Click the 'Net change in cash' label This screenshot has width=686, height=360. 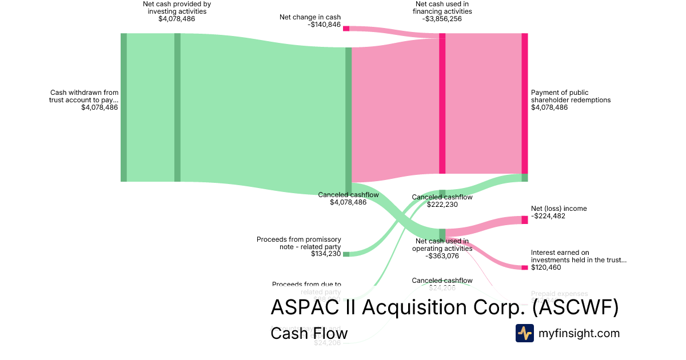pyautogui.click(x=310, y=17)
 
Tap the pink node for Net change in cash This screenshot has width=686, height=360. pyautogui.click(x=346, y=28)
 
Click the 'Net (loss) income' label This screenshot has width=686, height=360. pyautogui.click(x=559, y=209)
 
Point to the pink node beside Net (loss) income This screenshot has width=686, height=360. pyautogui.click(x=524, y=220)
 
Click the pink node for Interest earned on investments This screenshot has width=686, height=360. pyautogui.click(x=524, y=267)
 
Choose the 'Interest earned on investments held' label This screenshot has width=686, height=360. pyautogui.click(x=579, y=256)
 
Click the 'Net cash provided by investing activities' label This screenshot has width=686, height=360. pyautogui.click(x=177, y=8)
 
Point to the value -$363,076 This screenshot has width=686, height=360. pyautogui.click(x=442, y=256)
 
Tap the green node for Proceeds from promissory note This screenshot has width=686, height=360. pyautogui.click(x=346, y=254)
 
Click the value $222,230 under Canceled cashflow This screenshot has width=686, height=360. pyautogui.click(x=442, y=205)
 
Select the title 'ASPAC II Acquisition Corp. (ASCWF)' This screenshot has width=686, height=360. pyautogui.click(x=444, y=308)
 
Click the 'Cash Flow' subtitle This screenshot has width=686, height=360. pyautogui.click(x=309, y=333)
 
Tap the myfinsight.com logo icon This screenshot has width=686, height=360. pyautogui.click(x=524, y=333)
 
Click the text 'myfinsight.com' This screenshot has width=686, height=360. pyautogui.click(x=579, y=333)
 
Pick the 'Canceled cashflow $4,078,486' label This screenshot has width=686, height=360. pyautogui.click(x=348, y=198)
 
